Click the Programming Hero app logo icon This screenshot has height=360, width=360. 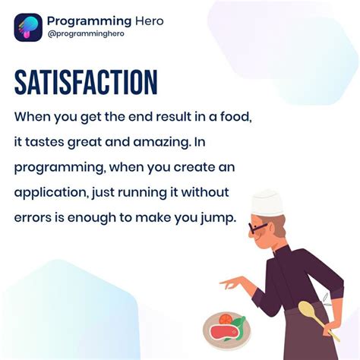pos(27,27)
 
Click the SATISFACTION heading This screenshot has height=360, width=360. pos(85,83)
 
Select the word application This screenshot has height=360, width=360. pos(50,192)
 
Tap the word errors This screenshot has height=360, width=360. pos(34,217)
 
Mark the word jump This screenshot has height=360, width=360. pos(219,218)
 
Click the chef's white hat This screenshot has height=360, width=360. pos(267,201)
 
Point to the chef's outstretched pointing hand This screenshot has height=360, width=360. pos(227,283)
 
